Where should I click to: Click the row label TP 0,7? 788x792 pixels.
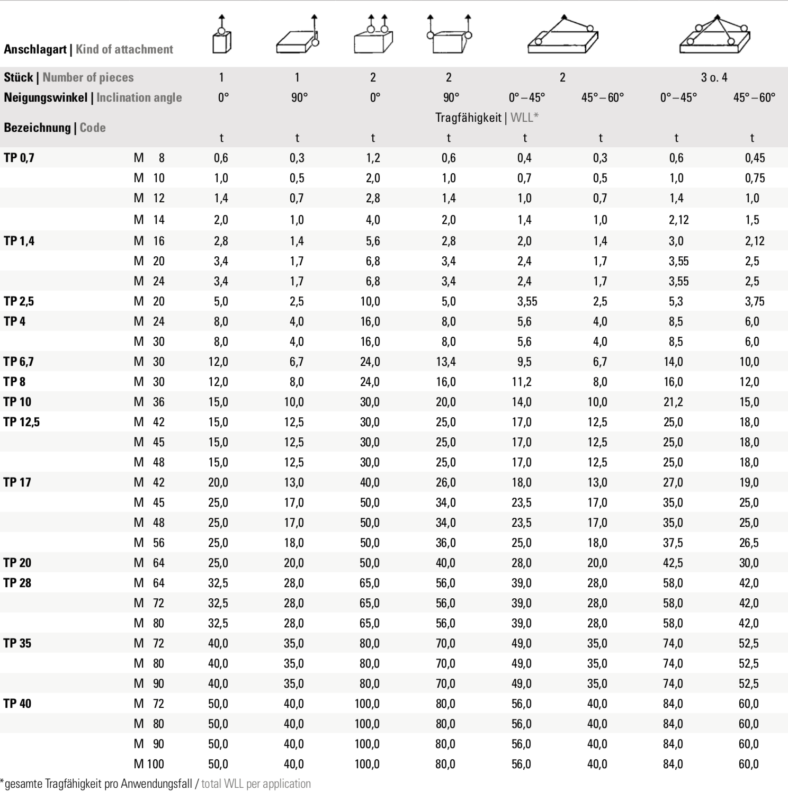click(19, 158)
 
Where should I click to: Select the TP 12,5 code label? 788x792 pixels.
click(22, 422)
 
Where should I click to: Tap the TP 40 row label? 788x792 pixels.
click(17, 704)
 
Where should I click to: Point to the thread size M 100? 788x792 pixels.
click(149, 764)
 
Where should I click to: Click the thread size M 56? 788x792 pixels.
click(149, 543)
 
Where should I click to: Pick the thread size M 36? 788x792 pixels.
click(149, 402)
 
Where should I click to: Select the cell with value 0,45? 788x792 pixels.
click(755, 158)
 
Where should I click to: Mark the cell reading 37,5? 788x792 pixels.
click(673, 543)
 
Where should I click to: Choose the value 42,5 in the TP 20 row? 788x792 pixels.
click(673, 563)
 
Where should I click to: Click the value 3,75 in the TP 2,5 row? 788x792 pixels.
click(755, 301)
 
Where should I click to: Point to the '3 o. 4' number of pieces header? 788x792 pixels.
click(714, 77)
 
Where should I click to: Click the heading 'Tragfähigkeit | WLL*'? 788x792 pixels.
click(487, 118)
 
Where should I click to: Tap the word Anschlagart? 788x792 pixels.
click(35, 49)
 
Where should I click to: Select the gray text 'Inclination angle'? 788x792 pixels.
click(139, 97)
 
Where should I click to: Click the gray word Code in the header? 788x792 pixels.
click(93, 128)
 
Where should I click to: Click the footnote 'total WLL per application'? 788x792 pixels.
click(256, 784)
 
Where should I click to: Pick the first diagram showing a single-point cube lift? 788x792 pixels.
click(222, 35)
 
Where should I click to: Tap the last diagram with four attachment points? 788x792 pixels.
click(714, 35)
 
